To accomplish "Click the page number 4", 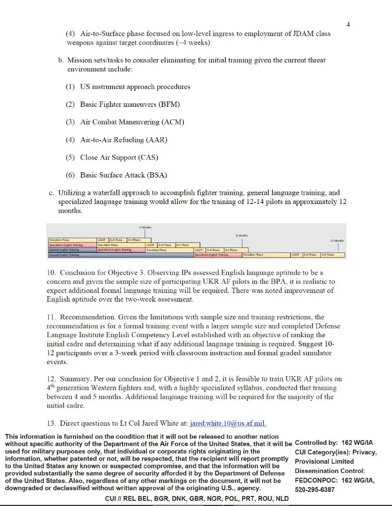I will [x=348, y=24].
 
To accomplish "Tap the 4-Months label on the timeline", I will [x=145, y=227].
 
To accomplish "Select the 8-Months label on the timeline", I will [x=241, y=235].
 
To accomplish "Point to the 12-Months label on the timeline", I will [x=337, y=240].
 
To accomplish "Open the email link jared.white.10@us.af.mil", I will [x=228, y=424].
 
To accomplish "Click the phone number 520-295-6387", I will [x=315, y=490].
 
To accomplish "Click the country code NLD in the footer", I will [x=280, y=499].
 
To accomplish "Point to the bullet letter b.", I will [x=61, y=60].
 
